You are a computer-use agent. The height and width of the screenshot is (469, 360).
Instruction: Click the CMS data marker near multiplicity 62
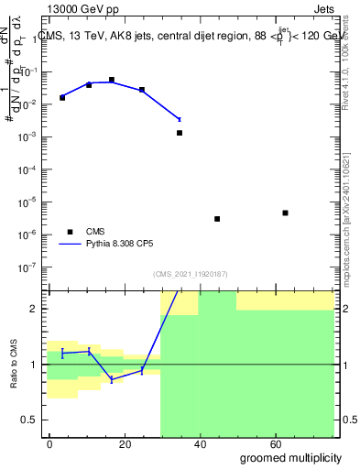coord(286,213)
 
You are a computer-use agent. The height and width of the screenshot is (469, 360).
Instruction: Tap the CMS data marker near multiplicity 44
coord(217,219)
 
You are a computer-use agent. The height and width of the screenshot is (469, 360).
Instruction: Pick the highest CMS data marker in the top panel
coord(112,80)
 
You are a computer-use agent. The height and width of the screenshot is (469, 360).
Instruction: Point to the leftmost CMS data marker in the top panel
coord(62,97)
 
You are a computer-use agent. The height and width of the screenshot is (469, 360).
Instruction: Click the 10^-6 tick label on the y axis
coord(29,234)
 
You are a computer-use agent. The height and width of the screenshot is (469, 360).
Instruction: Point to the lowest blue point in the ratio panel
coord(112,379)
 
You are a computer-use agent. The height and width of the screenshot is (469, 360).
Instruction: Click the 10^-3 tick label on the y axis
coord(29,136)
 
